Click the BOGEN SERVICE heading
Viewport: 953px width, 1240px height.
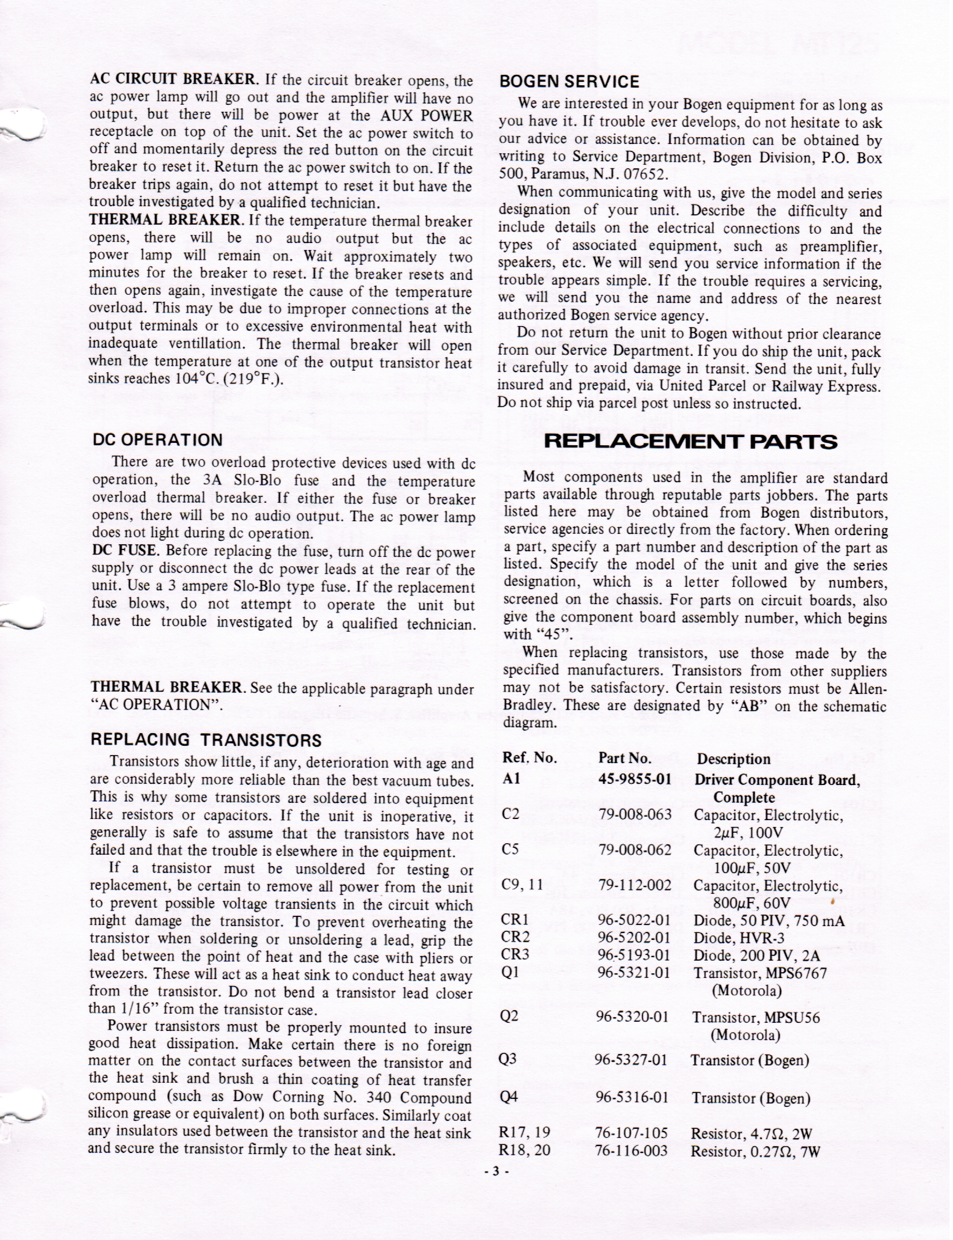[569, 82]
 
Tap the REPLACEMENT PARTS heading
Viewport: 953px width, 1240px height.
[690, 442]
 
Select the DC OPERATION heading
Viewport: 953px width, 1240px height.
[157, 440]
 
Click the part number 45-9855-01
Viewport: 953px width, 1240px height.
[635, 779]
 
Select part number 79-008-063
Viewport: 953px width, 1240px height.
[635, 814]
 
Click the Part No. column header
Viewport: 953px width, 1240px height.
[625, 759]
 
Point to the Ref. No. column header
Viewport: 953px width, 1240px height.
[530, 759]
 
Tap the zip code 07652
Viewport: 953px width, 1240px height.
[642, 175]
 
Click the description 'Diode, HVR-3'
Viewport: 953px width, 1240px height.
[739, 937]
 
